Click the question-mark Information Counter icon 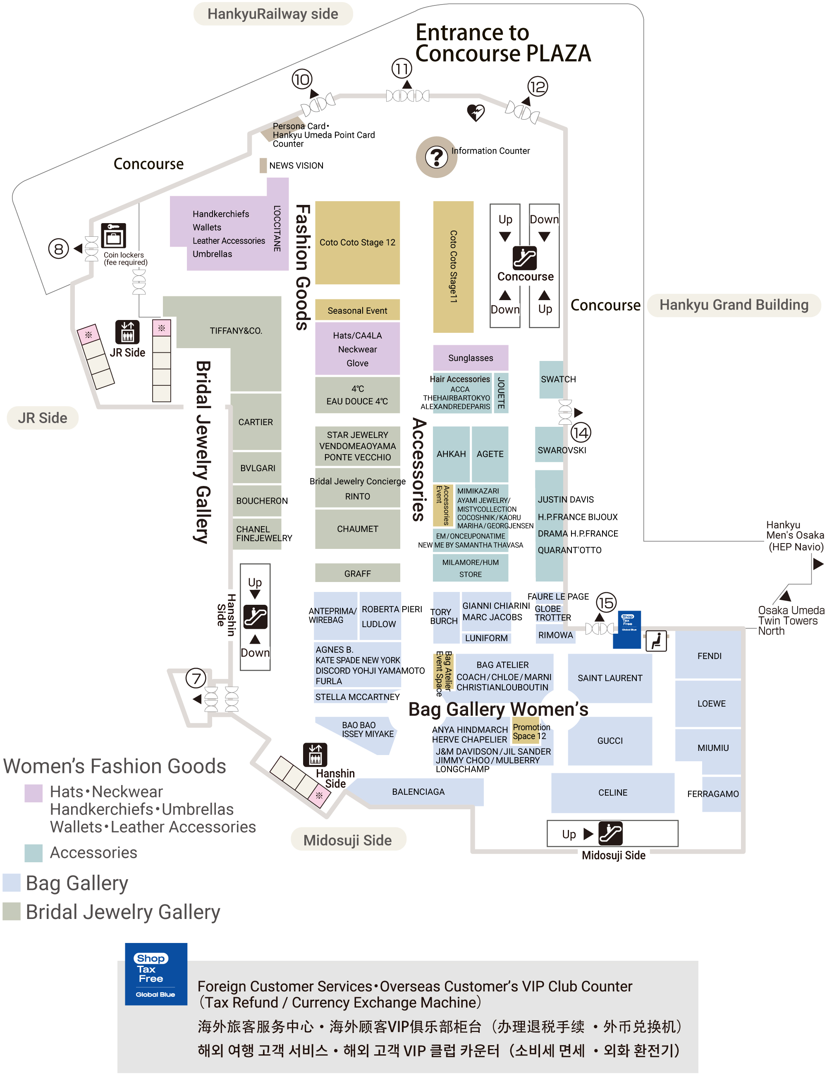point(436,157)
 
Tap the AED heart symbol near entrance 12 point(476,112)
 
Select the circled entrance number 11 point(402,68)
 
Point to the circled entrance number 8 point(59,249)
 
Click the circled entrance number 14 point(581,433)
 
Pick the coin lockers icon point(114,236)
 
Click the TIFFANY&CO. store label point(236,331)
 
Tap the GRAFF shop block point(357,573)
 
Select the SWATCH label point(558,379)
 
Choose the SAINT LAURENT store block point(610,678)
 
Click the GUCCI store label point(610,741)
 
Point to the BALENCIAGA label point(418,792)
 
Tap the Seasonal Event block point(357,310)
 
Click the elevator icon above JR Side point(127,332)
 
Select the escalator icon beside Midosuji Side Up point(610,834)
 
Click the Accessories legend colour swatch point(33,853)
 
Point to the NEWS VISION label point(296,166)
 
